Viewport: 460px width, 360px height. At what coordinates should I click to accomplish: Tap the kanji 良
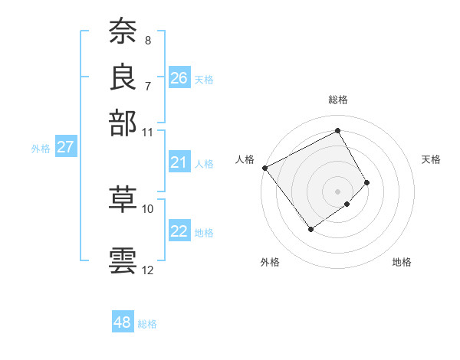pos(123,77)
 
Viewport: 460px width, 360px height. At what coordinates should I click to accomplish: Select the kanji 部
pos(123,122)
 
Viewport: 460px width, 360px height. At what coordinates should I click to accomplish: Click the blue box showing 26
pos(179,78)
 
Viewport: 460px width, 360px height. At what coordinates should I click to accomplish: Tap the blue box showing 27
pos(65,147)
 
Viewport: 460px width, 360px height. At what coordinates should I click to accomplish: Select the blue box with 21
pos(179,162)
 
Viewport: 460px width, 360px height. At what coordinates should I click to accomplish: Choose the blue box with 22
pos(179,231)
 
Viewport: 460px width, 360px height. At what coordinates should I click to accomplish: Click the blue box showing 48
pos(123,322)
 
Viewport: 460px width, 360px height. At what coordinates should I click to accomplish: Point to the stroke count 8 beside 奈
pos(148,41)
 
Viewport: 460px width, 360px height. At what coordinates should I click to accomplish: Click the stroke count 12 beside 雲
pos(148,270)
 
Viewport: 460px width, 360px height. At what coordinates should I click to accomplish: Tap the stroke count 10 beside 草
pos(148,208)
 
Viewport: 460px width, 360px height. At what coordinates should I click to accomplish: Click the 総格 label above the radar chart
pos(338,100)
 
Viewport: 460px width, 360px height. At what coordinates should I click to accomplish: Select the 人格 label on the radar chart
pos(245,159)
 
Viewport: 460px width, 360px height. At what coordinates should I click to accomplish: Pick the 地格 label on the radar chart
pos(402,262)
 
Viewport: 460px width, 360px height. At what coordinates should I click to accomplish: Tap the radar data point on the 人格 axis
pos(264,167)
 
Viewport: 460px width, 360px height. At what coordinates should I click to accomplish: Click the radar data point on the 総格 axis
pos(337,131)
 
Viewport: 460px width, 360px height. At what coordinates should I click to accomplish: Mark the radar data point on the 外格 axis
pos(310,228)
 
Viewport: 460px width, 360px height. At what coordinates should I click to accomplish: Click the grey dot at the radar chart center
pos(337,191)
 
